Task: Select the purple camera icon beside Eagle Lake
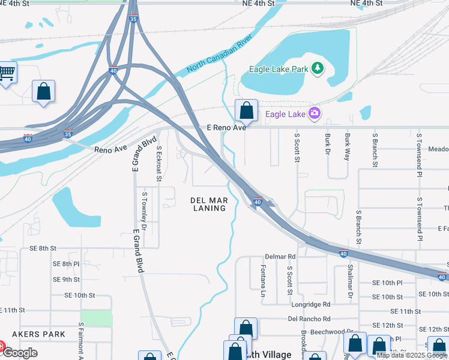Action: point(314,113)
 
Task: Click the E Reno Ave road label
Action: point(226,128)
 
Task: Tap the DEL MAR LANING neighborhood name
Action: point(209,204)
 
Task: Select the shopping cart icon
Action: point(7,73)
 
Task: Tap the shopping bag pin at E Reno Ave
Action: point(246,111)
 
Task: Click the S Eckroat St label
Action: point(159,161)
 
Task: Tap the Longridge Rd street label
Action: point(310,305)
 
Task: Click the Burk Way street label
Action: point(348,146)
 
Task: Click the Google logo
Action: point(20,353)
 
